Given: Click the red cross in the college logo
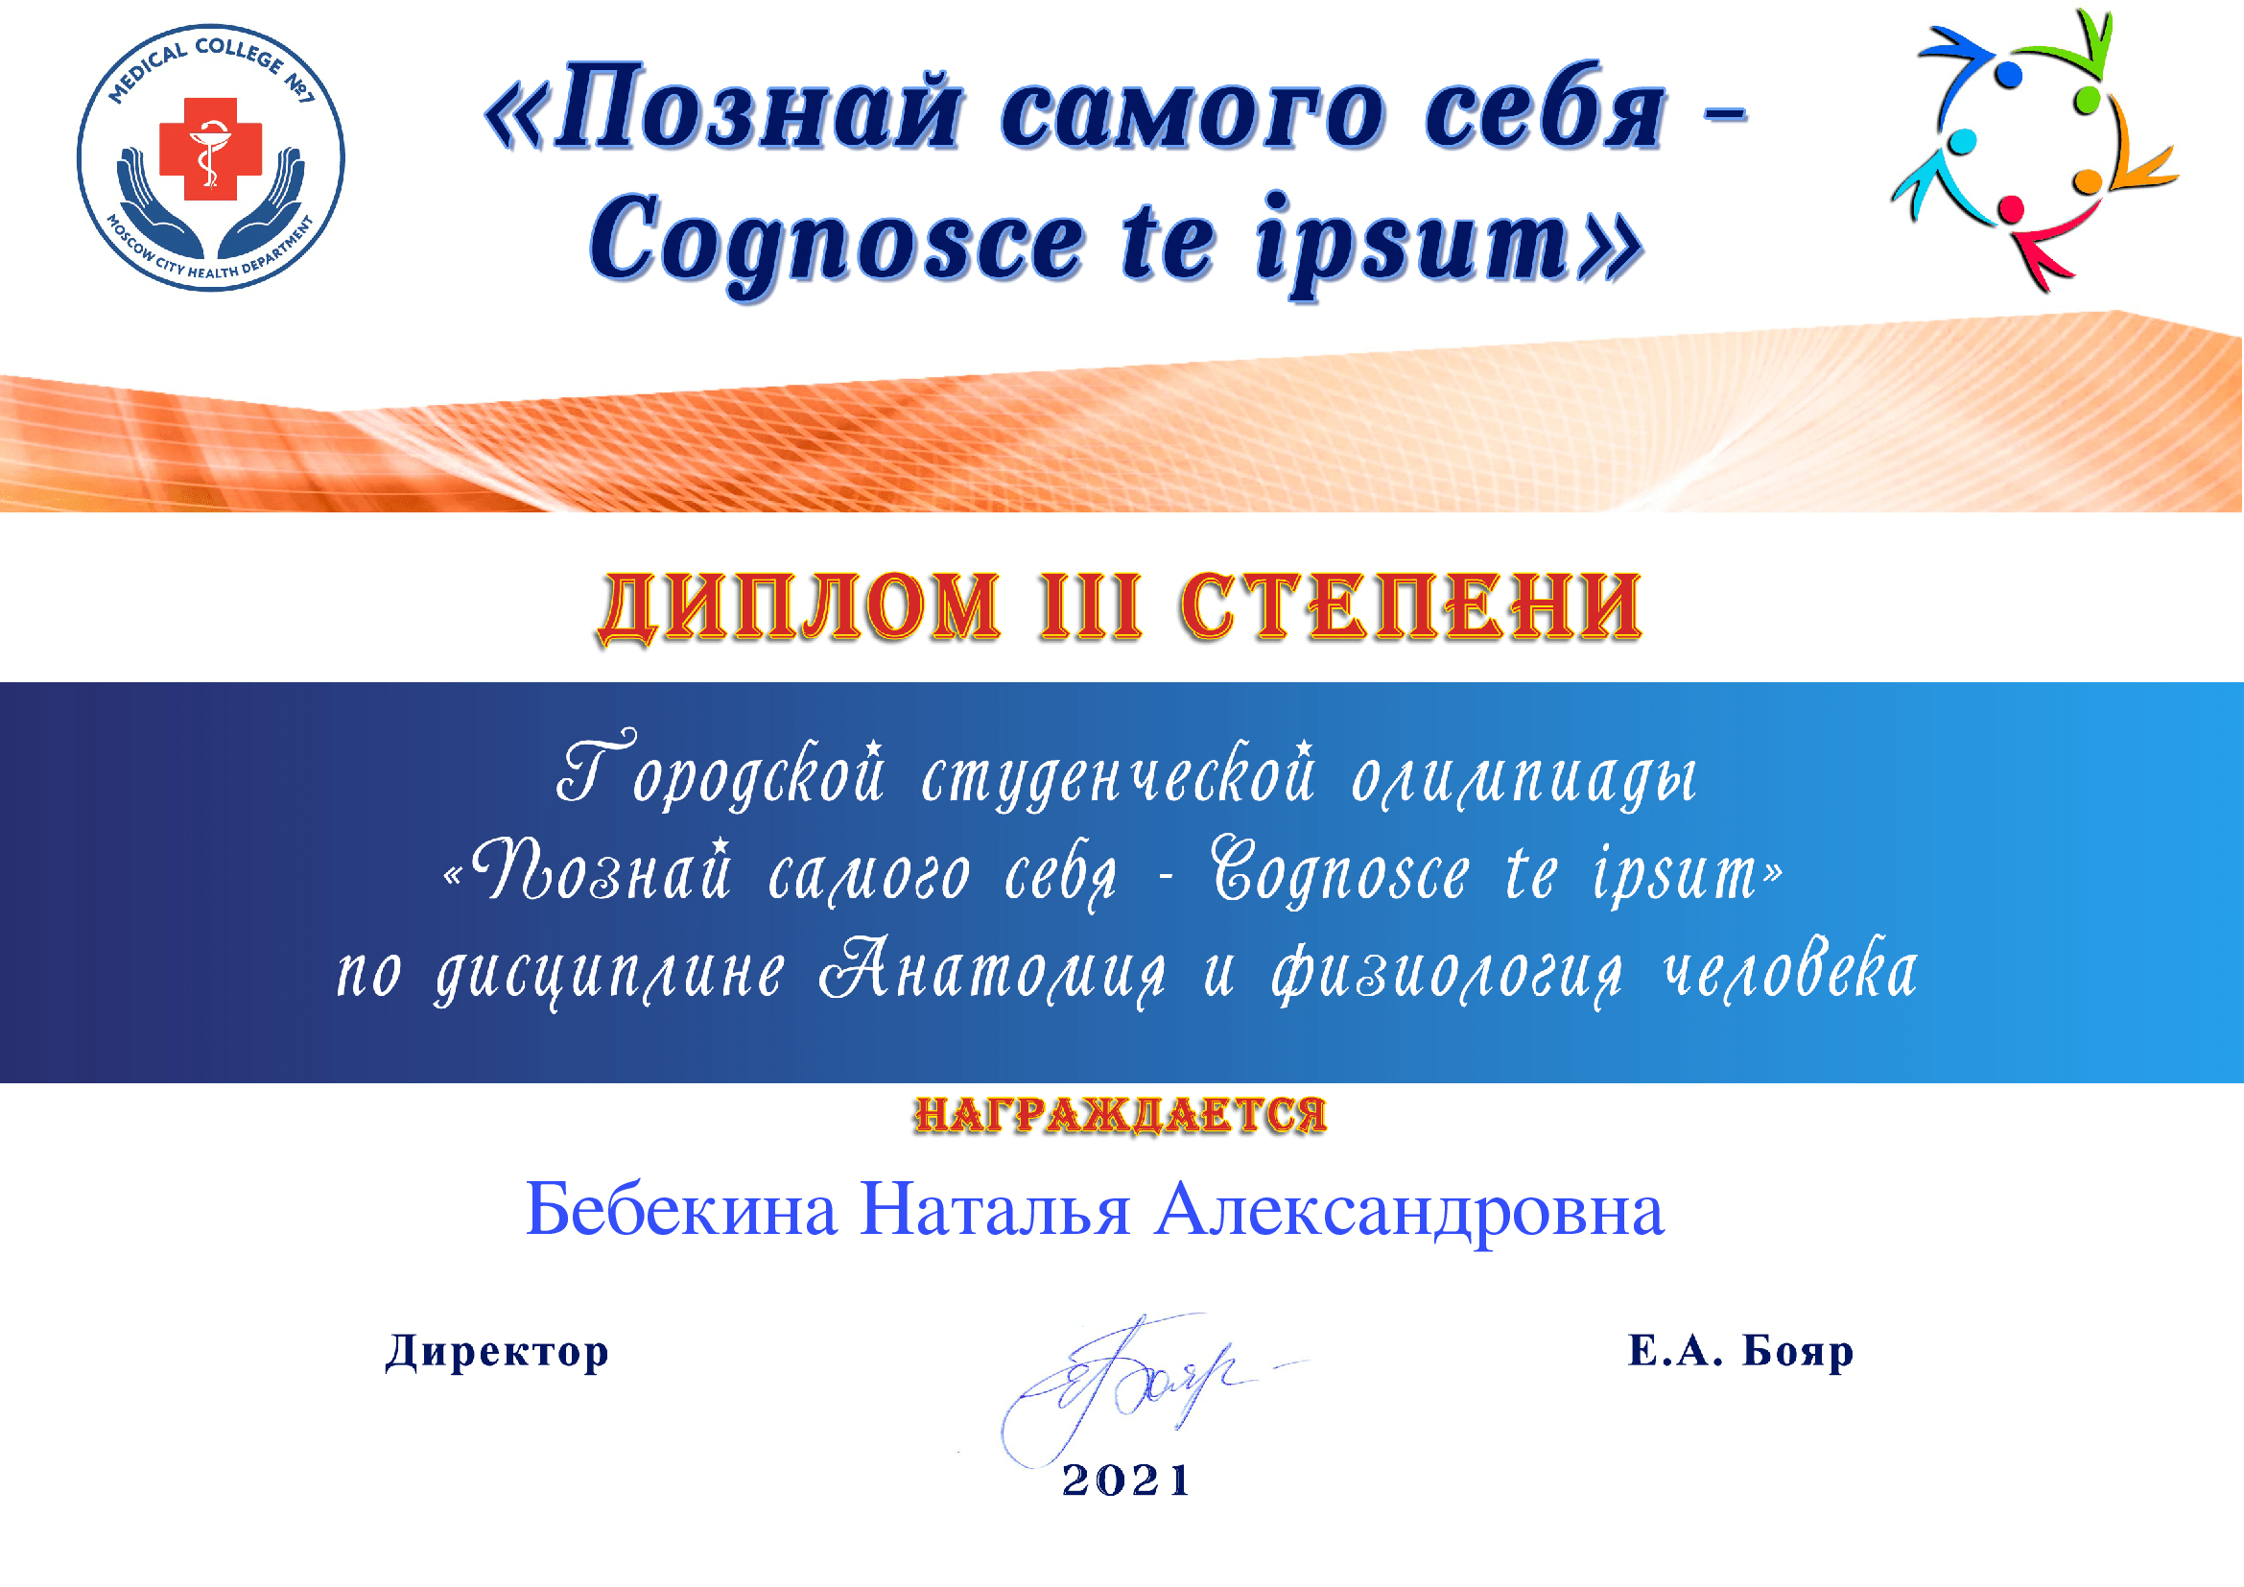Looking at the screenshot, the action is click(x=210, y=149).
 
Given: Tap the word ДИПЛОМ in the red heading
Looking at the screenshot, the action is click(x=800, y=607).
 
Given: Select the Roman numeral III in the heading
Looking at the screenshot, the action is click(x=1091, y=606).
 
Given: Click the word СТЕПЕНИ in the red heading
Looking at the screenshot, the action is click(x=1411, y=606).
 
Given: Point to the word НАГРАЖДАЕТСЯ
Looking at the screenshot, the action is click(x=1121, y=1115).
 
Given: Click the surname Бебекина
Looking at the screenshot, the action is click(x=681, y=1210).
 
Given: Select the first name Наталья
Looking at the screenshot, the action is click(x=995, y=1210).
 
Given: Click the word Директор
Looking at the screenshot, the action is click(x=497, y=1352).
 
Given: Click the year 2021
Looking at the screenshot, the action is click(x=1126, y=1480).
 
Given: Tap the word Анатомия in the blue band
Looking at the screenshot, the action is click(x=992, y=970).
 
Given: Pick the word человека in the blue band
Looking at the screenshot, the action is click(x=1790, y=970).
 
